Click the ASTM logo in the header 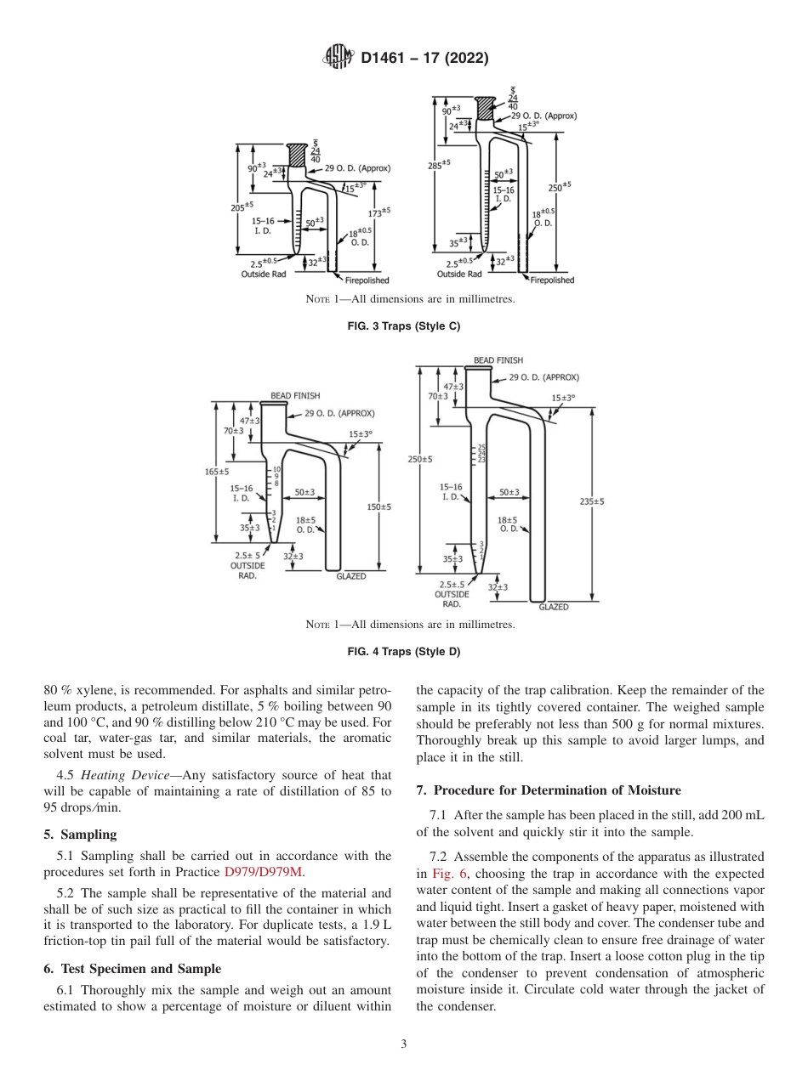coord(340,58)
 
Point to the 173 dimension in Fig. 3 coord(379,212)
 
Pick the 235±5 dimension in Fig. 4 coord(592,501)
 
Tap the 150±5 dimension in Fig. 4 coord(379,507)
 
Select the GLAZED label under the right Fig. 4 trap coord(554,607)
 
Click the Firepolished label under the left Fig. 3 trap coord(367,280)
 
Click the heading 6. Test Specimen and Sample coord(132,969)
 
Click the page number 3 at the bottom coord(404,1044)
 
